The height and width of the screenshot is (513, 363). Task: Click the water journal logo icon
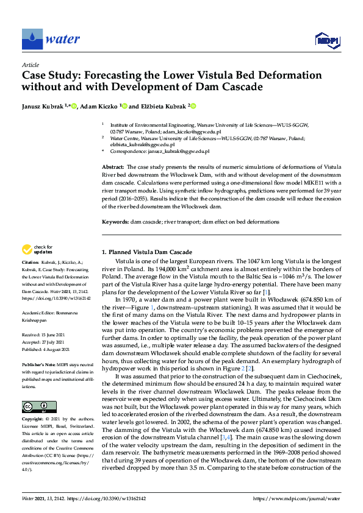[x=31, y=40]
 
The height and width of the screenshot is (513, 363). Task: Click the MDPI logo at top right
[x=326, y=40]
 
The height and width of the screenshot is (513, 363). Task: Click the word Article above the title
[x=31, y=65]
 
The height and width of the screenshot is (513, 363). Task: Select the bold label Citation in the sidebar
[x=32, y=263]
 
